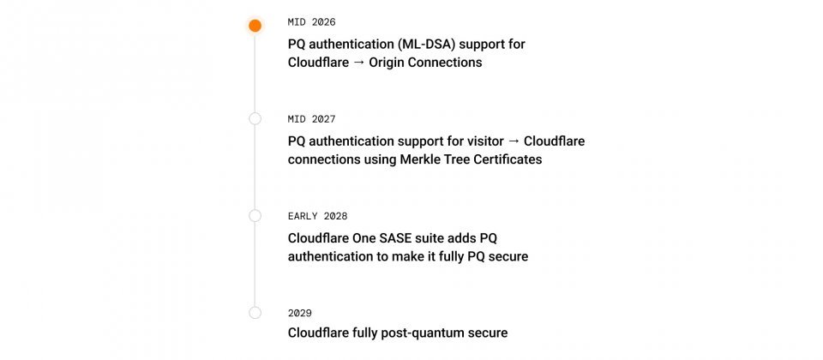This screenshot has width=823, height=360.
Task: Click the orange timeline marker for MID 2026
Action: (255, 26)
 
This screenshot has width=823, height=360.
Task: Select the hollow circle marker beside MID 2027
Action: (255, 118)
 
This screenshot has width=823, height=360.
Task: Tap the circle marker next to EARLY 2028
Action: (255, 216)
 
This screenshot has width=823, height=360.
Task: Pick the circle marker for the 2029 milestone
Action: (255, 313)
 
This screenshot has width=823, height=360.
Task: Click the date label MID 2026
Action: (312, 22)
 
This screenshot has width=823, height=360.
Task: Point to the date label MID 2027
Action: (312, 119)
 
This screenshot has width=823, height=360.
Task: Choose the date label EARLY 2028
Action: (318, 216)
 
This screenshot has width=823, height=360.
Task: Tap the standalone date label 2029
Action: (300, 313)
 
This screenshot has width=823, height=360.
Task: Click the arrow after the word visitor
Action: (511, 141)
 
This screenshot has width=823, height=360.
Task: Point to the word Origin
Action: (389, 63)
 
